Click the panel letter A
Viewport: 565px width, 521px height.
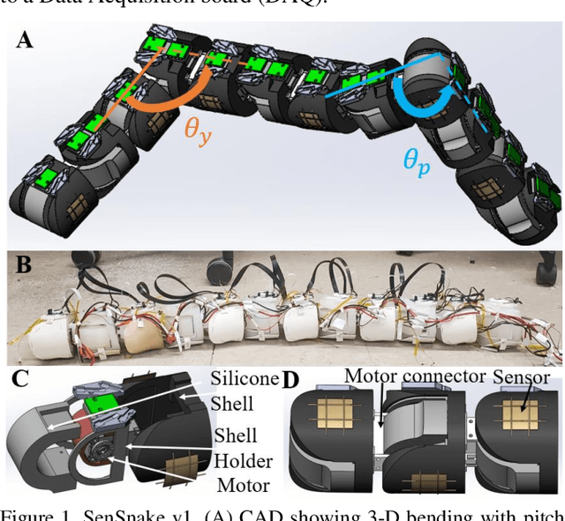(25, 41)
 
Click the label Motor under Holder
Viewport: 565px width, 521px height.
(244, 484)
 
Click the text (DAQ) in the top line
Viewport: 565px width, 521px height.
(282, 4)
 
